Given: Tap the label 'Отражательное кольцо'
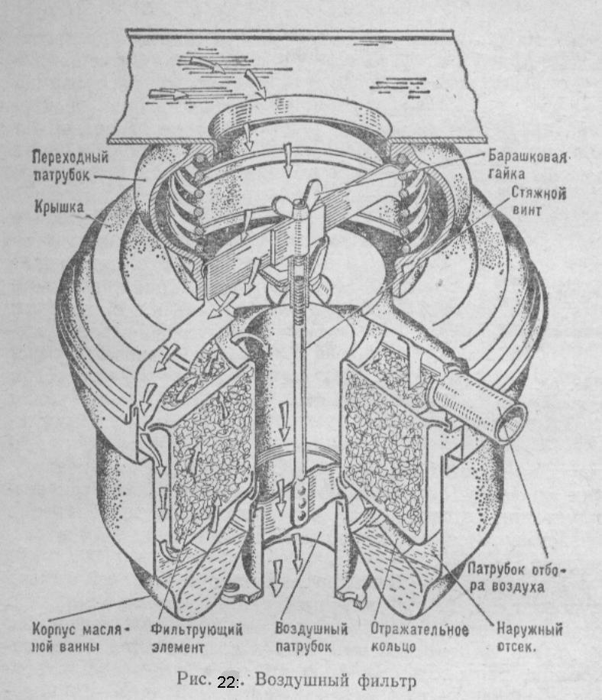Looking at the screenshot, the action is (419, 638).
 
